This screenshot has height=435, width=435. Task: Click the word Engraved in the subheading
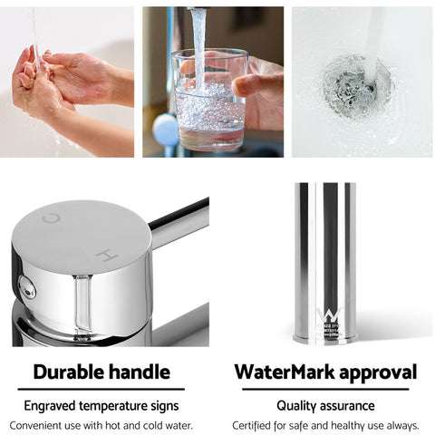tap(53, 405)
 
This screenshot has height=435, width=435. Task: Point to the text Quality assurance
tap(326, 405)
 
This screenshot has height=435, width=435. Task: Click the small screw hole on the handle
tap(28, 289)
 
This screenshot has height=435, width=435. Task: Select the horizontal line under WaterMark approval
tap(325, 390)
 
